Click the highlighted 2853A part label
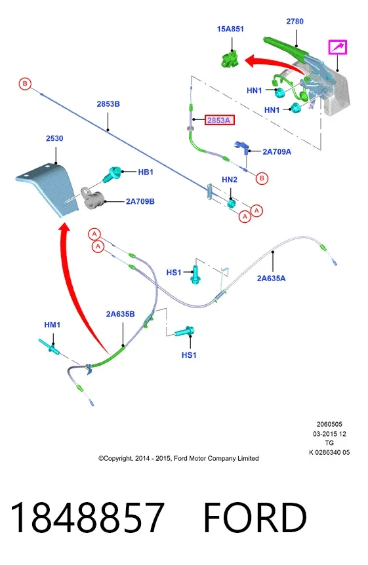click(220, 120)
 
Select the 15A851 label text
click(230, 29)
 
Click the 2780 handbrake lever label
click(295, 21)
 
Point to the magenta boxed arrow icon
click(337, 47)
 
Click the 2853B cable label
click(108, 104)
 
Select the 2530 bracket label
click(54, 138)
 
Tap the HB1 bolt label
click(146, 172)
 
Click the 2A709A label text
click(277, 151)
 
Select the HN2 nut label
click(230, 180)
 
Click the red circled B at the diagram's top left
click(25, 84)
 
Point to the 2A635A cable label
click(271, 278)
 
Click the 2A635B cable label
click(120, 314)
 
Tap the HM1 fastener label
click(52, 324)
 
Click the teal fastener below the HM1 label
click(49, 346)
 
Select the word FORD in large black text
click(255, 517)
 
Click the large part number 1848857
click(87, 517)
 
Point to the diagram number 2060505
click(329, 424)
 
